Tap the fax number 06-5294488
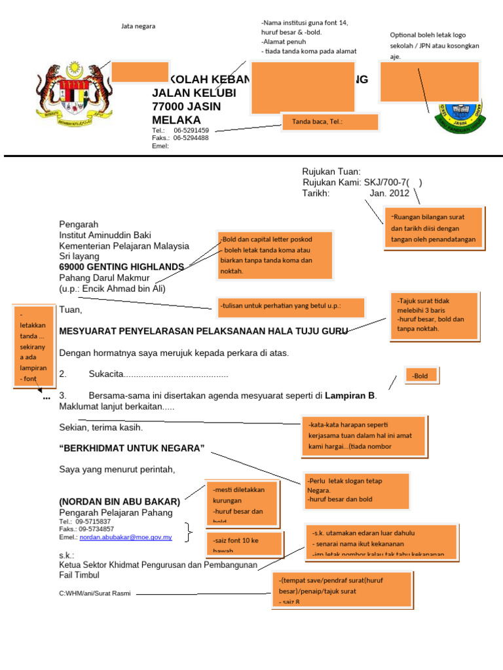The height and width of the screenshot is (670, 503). pos(191,138)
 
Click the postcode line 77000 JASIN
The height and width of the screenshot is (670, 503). pos(187,107)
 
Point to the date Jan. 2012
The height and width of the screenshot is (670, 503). pos(389,193)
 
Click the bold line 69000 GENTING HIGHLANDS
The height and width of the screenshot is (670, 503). pos(121,267)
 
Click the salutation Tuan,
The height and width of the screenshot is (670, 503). pos(71,309)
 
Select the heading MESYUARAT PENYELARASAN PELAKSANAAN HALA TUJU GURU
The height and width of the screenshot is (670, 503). pos(203,331)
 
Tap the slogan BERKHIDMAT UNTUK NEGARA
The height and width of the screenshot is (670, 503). pos(132,448)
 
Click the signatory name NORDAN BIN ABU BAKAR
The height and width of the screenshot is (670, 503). pos(120,501)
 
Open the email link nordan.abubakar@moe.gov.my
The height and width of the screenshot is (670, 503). pos(126,537)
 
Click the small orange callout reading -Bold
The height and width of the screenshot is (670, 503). pos(421,376)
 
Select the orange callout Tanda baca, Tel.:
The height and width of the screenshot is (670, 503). pos(330,122)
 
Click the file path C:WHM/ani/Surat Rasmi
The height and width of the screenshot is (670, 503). pos(94,593)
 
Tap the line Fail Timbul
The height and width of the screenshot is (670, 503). pos(79,575)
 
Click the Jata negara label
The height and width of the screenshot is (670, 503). pos(138,26)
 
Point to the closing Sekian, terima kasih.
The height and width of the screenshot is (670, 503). pos(101,427)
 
